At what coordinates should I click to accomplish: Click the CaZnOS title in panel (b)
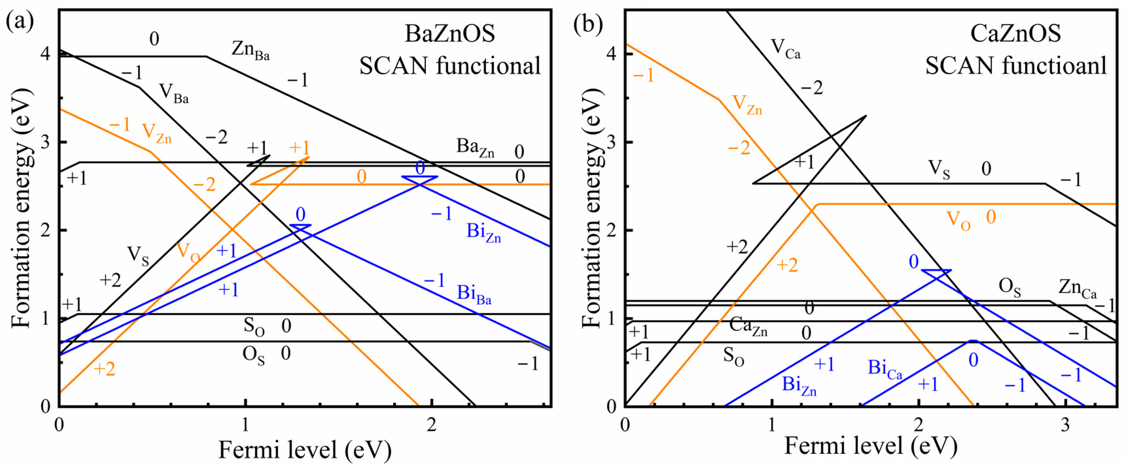click(x=1015, y=34)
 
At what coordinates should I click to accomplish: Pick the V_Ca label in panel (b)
click(x=785, y=48)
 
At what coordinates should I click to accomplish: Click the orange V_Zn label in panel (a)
click(x=156, y=132)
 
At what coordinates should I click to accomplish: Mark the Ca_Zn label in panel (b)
click(x=748, y=326)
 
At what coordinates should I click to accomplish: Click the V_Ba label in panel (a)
click(x=174, y=93)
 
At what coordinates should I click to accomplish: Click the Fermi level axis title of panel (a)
click(x=305, y=450)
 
